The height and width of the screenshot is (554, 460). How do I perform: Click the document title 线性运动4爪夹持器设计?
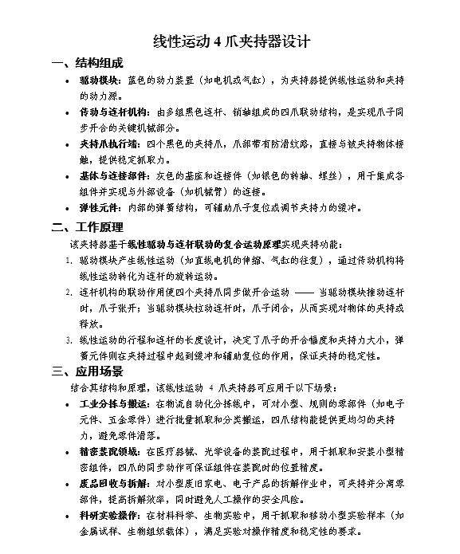(x=230, y=41)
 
